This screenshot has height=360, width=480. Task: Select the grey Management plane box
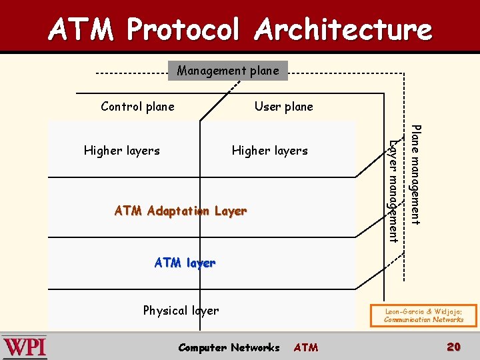228,70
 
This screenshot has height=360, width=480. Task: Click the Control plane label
137,107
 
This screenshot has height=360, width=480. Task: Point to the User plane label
283,107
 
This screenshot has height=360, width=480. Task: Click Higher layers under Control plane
122,151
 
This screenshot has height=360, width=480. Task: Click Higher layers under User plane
269,151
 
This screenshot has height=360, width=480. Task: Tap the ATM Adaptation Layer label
181,211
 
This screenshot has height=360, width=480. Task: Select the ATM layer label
185,263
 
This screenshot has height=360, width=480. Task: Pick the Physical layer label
181,311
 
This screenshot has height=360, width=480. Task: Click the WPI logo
25,347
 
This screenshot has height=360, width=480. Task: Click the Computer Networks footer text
229,347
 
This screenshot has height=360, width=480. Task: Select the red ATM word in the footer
306,347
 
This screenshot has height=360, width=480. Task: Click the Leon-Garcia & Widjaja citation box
423,315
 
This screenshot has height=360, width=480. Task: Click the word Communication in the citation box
408,319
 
